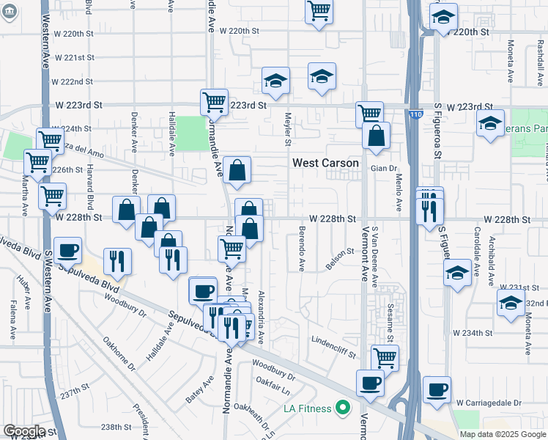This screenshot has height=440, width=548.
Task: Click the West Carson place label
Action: [326, 163]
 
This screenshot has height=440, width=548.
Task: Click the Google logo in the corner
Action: [24, 431]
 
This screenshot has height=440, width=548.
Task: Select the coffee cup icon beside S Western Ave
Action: [67, 251]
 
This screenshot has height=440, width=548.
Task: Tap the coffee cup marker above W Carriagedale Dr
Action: [437, 390]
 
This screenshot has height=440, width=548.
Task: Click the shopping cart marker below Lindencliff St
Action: [385, 358]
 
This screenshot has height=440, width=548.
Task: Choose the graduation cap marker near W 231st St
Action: [458, 274]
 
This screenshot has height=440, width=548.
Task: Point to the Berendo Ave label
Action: [302, 249]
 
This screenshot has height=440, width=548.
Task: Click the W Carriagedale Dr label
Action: [488, 403]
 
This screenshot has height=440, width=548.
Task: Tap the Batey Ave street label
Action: [199, 389]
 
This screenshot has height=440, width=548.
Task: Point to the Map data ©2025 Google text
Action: [503, 434]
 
